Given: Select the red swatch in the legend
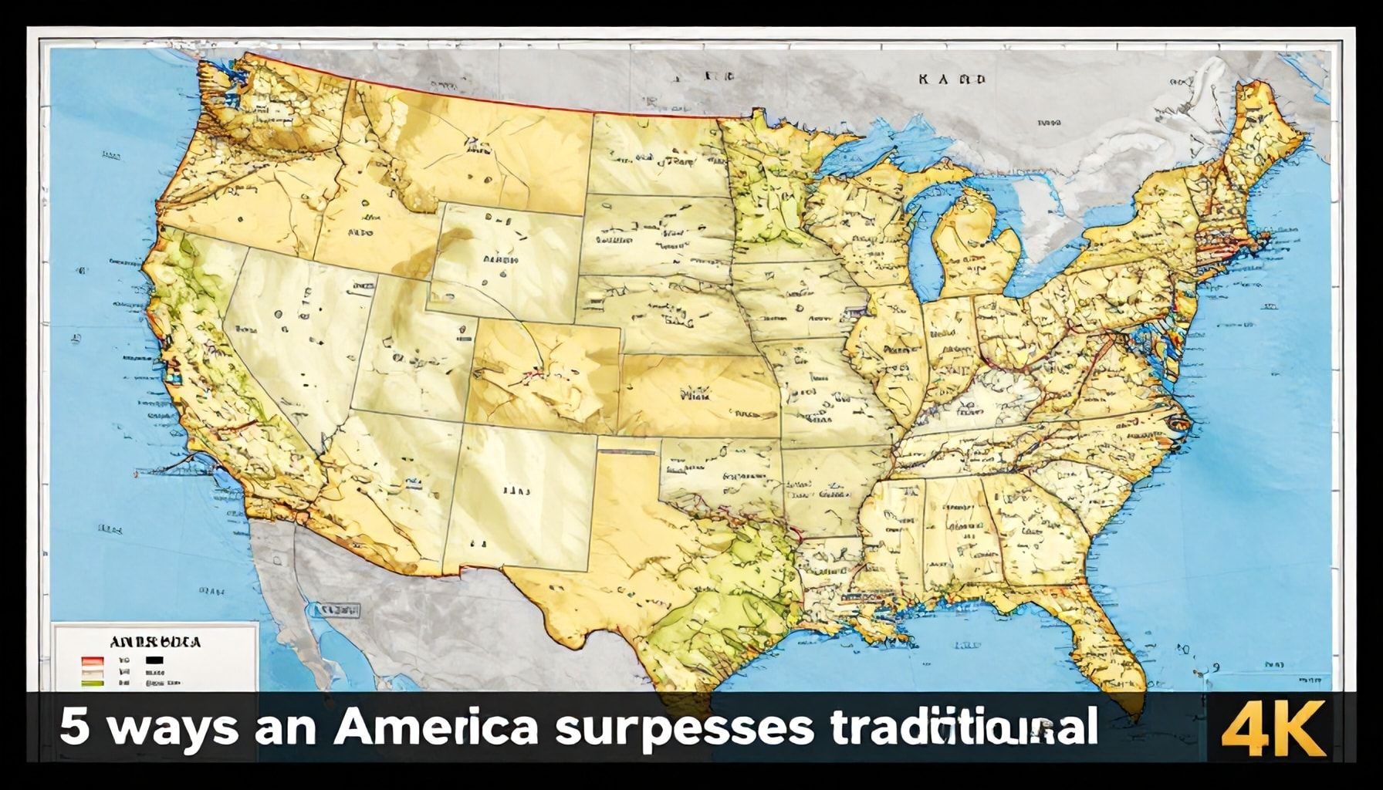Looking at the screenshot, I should point(92,661).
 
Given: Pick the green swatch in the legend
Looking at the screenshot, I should point(92,683).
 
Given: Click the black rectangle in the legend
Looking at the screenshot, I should point(154,661).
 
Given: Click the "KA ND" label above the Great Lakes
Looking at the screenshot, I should point(952,79).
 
